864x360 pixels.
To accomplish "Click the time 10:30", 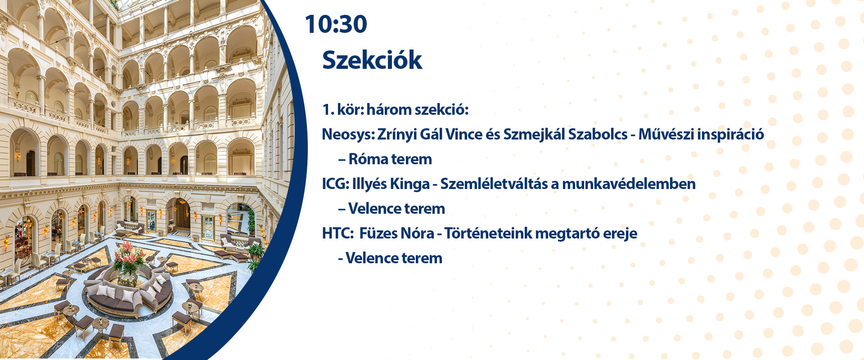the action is tap(336, 24).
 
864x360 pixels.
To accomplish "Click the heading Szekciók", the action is tap(372, 60).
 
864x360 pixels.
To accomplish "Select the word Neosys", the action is tap(347, 135).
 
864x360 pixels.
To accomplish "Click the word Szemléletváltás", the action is tap(493, 184).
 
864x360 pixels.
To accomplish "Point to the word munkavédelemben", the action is tap(629, 184).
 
